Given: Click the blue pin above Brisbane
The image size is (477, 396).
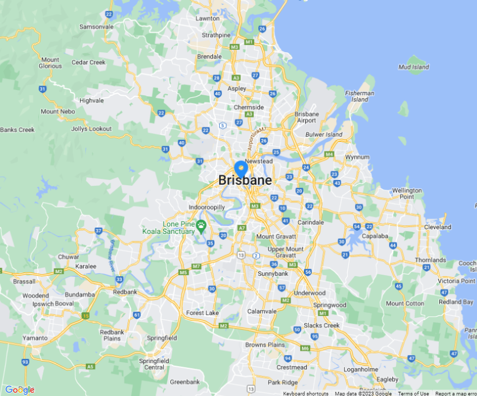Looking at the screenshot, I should click(241, 168).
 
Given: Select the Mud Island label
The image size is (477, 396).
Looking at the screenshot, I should click(413, 67).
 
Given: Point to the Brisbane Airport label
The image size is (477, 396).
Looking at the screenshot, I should click(306, 117).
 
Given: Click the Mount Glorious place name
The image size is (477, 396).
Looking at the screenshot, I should click(50, 63).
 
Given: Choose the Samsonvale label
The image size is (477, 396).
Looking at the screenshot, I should click(96, 27).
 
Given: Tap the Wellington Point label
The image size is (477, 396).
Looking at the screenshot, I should click(407, 193).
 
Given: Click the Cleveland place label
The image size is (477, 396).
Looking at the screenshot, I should click(438, 228).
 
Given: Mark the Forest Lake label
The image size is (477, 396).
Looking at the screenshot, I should click(202, 313).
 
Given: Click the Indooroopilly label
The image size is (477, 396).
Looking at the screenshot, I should click(207, 208).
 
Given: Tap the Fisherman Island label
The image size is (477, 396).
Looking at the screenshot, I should click(359, 96).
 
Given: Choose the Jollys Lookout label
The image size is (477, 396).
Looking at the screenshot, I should click(92, 129).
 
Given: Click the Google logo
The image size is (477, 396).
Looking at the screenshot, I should click(20, 390).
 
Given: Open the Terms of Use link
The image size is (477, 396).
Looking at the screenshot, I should click(413, 393).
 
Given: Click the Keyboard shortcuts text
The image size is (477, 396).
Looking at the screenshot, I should click(305, 393).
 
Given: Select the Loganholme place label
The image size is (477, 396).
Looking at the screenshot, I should click(360, 369).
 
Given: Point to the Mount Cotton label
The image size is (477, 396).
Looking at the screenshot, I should click(405, 303).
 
